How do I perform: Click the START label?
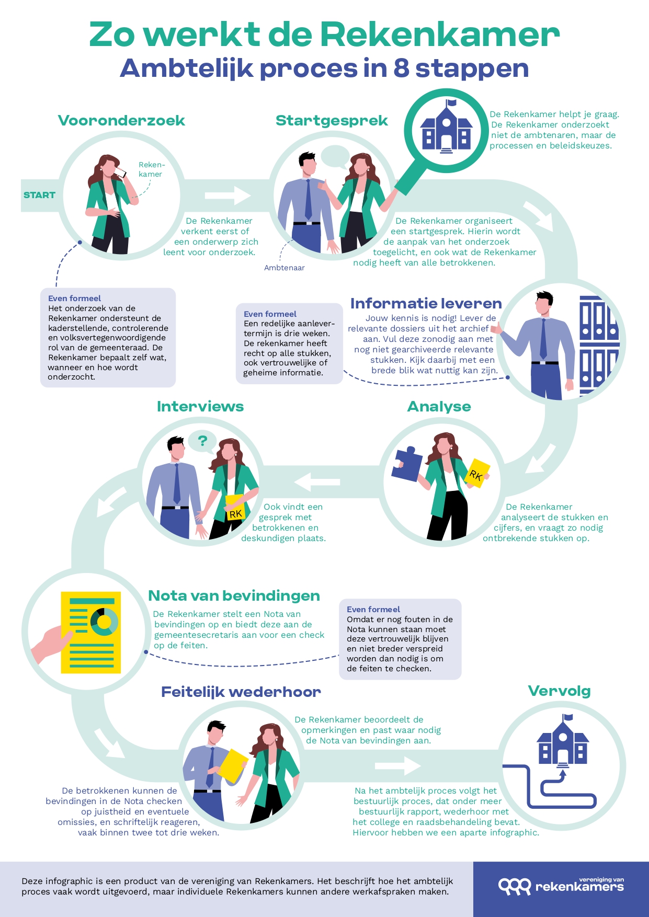(39, 195)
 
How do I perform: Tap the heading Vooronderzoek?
(121, 121)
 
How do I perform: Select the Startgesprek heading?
(332, 121)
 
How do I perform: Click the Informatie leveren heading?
(426, 303)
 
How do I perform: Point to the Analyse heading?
(439, 406)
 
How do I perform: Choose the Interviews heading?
(200, 406)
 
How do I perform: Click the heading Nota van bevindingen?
(234, 595)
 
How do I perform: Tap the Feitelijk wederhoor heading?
(241, 692)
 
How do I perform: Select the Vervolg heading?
(559, 691)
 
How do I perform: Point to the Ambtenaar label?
(284, 268)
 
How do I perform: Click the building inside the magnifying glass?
(446, 128)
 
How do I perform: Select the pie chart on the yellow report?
(104, 621)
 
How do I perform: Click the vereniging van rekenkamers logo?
(561, 886)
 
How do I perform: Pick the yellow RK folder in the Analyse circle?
(477, 473)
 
